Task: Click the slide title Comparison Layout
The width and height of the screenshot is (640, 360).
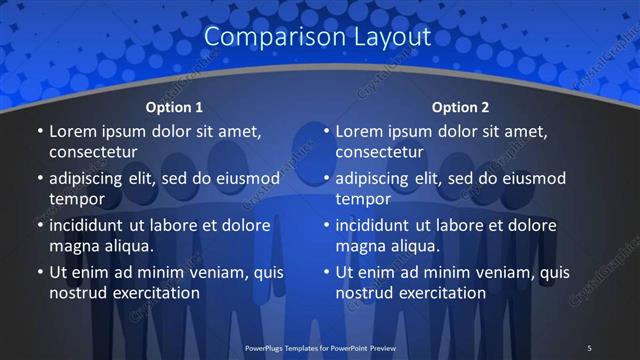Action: [317, 37]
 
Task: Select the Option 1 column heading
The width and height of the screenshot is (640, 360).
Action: [174, 107]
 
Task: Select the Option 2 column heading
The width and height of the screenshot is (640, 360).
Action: [460, 107]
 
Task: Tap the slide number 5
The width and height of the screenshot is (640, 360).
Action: [589, 347]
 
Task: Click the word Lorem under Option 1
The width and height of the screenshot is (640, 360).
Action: [71, 131]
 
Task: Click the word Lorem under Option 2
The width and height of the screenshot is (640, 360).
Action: [357, 131]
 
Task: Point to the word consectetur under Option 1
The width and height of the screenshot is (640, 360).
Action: [93, 153]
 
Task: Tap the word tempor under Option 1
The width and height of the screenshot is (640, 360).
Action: [73, 200]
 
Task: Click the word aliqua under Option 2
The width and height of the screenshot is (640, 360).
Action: [413, 246]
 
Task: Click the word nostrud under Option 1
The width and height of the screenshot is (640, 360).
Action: [77, 293]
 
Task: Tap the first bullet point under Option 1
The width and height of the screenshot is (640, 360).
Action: [40, 132]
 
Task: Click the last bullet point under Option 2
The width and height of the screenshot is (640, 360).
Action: [326, 272]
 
